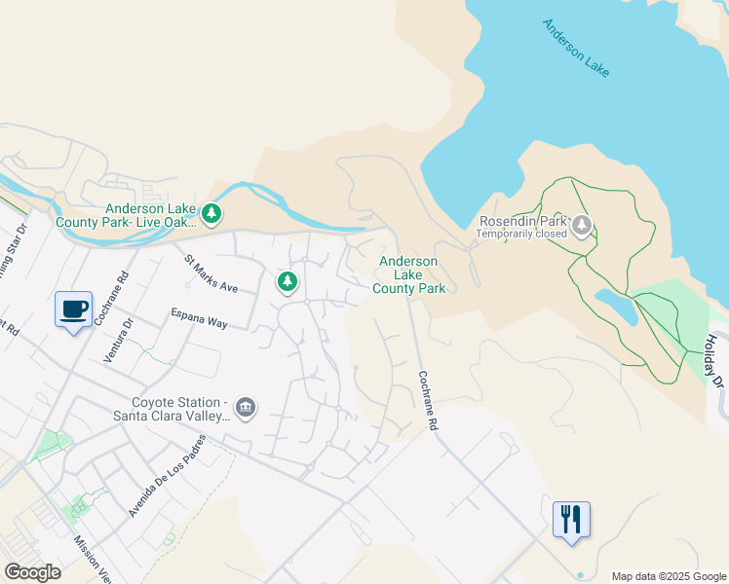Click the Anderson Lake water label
(576, 48)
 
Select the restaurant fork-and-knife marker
(571, 518)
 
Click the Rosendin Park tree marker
(582, 226)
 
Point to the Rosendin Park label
(521, 221)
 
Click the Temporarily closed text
(521, 235)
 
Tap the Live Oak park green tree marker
(211, 212)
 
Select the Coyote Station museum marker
(245, 407)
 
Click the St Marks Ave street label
(211, 274)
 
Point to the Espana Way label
(199, 318)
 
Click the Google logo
(33, 571)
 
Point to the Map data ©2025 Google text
(669, 576)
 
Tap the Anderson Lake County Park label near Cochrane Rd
(408, 274)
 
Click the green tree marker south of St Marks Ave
(287, 282)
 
